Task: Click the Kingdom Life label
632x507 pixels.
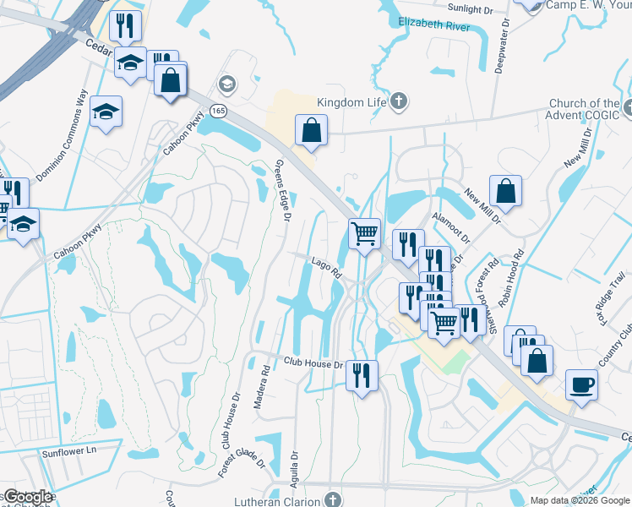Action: coord(351,102)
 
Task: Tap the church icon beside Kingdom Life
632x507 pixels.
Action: coord(400,103)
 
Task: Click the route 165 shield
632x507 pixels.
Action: coord(218,111)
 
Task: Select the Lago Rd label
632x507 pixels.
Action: coord(325,269)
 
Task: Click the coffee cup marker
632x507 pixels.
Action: coord(580,384)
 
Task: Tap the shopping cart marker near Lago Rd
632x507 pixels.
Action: coord(364,232)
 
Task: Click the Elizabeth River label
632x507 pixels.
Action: coord(433,25)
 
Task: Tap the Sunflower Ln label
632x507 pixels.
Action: coord(70,453)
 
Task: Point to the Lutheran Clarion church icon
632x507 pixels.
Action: coord(335,500)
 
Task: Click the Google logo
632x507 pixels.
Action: coord(27,497)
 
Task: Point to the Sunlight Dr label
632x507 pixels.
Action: coord(469,8)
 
